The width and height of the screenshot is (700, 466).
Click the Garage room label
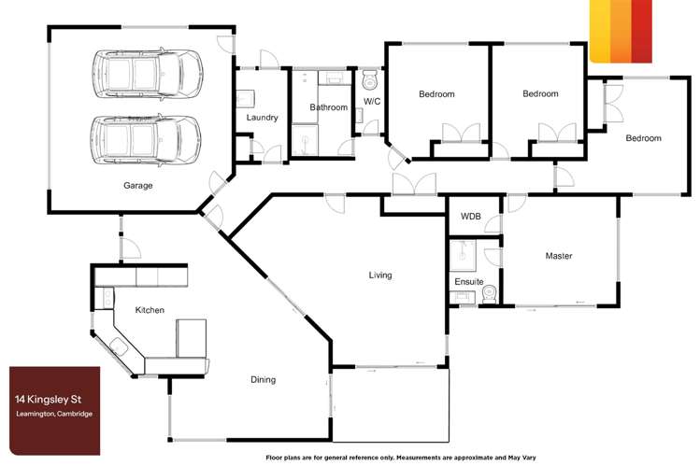(138, 185)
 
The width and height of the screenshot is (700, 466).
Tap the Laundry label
(262, 118)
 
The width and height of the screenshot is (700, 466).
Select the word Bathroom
(329, 107)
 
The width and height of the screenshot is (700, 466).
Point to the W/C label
(372, 101)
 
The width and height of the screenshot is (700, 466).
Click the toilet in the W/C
(370, 79)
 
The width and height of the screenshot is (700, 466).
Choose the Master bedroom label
(559, 256)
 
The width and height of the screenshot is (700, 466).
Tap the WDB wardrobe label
(470, 217)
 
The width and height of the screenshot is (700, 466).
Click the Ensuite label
(469, 281)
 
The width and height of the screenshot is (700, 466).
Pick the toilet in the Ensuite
(490, 294)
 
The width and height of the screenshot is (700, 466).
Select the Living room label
(380, 275)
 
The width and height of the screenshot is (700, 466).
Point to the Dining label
(263, 379)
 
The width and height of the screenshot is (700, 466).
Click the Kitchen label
(150, 309)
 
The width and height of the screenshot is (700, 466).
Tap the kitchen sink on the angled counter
(119, 346)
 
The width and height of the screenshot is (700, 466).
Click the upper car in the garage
(148, 74)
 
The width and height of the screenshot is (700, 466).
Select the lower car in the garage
(147, 140)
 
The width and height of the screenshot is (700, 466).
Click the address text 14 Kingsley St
(49, 399)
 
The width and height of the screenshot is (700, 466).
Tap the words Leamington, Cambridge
(54, 414)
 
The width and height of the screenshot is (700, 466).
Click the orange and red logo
(621, 31)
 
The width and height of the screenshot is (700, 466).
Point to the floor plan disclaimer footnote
(401, 458)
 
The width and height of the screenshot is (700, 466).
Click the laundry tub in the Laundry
(245, 99)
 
